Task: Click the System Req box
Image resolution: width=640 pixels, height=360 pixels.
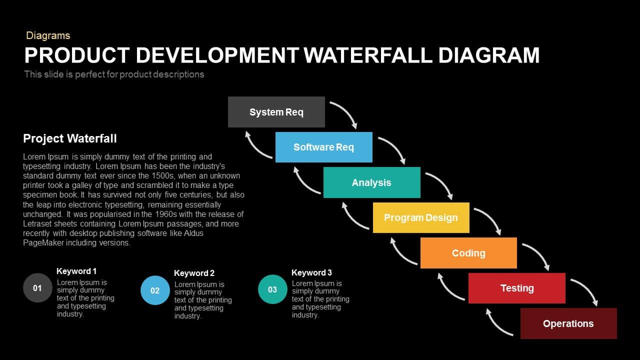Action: (x=276, y=112)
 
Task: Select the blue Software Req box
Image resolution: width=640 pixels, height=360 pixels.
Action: (x=323, y=147)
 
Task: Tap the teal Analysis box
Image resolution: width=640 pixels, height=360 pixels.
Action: (x=371, y=182)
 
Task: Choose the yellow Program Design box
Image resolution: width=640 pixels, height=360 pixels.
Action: (x=421, y=217)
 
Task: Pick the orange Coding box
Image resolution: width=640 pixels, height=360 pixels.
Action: (x=468, y=253)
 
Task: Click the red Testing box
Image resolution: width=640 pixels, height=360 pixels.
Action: (x=517, y=288)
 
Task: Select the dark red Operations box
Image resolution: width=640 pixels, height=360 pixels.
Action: (x=568, y=323)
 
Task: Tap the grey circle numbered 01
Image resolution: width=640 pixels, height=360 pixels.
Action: (x=37, y=288)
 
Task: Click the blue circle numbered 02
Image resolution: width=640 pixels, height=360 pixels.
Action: (x=155, y=290)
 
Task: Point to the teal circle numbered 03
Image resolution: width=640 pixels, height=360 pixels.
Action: (x=272, y=289)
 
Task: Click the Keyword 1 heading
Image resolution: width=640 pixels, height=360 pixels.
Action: (x=76, y=271)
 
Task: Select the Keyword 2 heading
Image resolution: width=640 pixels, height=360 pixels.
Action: (x=194, y=273)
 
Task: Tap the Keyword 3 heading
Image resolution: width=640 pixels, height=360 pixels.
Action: (x=311, y=272)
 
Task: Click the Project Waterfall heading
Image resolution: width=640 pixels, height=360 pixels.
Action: (x=69, y=138)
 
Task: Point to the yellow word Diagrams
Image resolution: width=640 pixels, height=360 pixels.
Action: (x=48, y=35)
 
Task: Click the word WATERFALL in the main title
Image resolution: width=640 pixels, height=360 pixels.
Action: (x=368, y=55)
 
